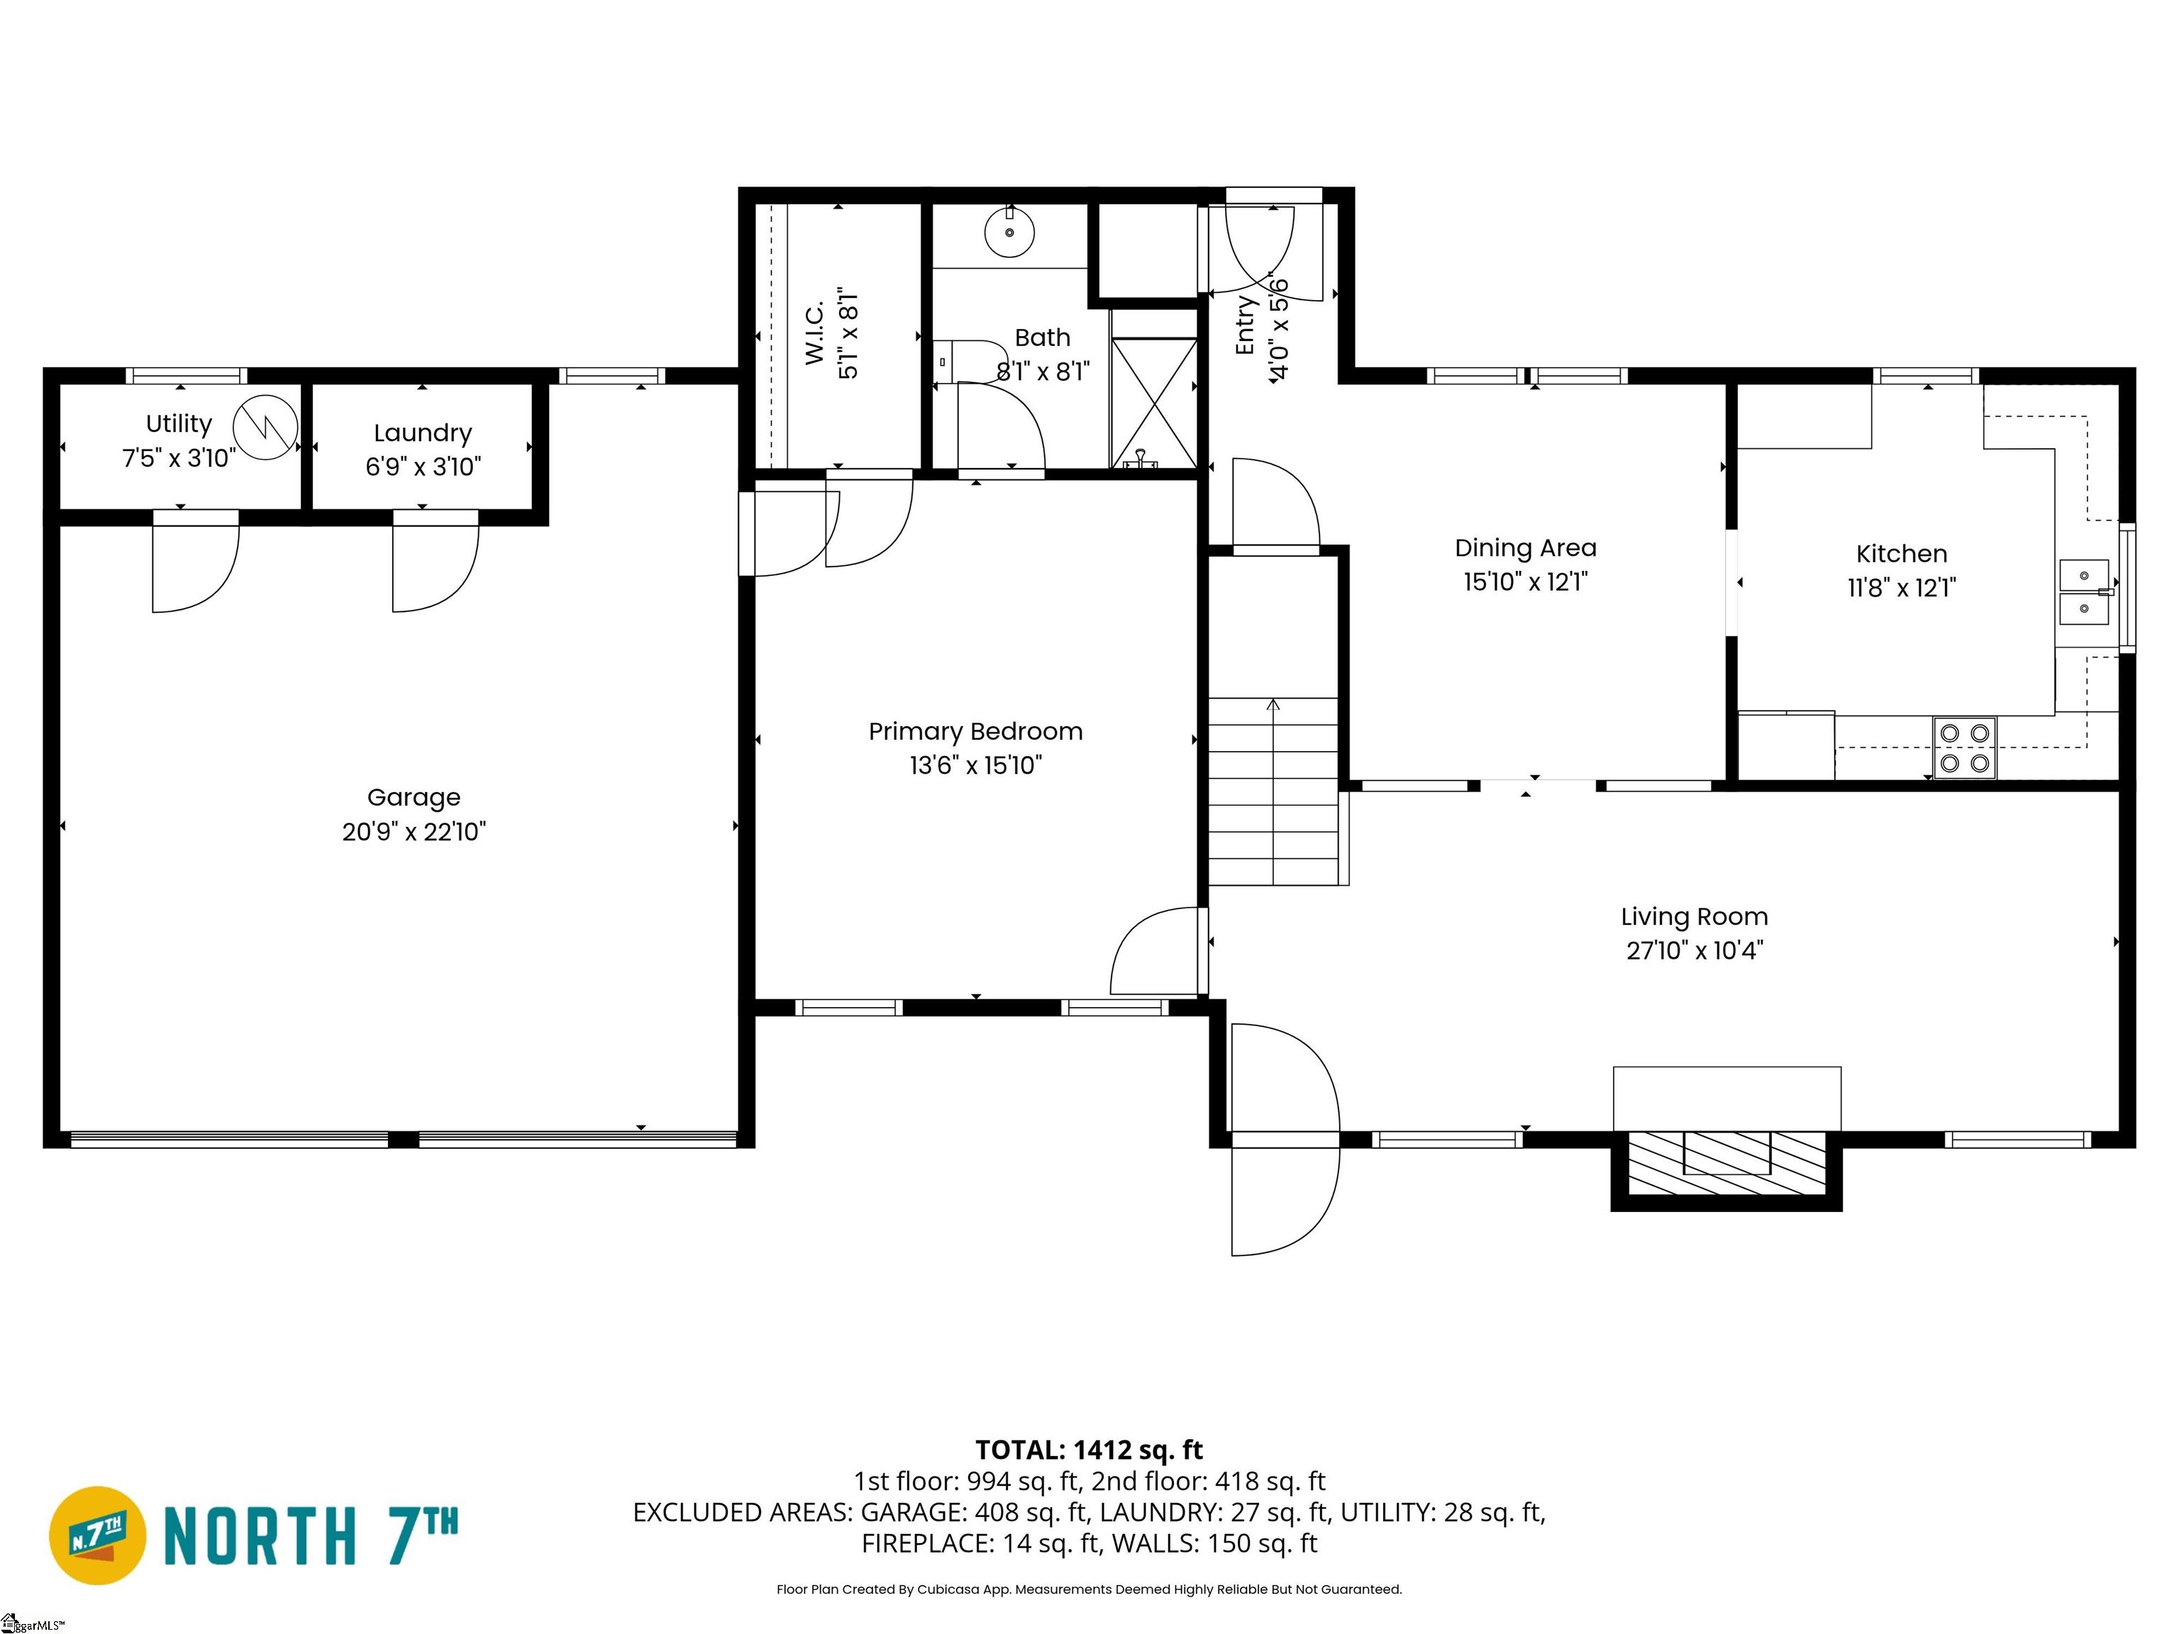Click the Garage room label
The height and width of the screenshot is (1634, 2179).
414,798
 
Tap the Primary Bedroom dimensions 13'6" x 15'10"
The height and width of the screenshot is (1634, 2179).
975,765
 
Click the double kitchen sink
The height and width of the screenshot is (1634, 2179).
2085,592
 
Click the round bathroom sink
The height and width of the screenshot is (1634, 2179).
1010,233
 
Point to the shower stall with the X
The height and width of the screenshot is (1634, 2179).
1153,403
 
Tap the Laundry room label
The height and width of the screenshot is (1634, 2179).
423,433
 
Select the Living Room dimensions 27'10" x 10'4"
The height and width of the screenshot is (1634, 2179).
1695,950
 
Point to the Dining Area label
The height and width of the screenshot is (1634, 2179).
1525,548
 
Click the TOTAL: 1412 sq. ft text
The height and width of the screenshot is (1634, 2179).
1089,1450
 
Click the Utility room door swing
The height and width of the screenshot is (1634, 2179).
196,562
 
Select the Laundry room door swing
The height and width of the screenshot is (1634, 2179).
436,562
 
